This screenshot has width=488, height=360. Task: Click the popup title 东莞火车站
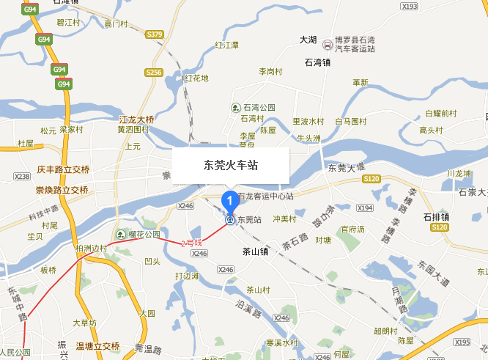(231, 166)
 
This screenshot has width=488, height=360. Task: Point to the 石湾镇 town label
(318, 62)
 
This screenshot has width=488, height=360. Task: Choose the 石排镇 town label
(436, 217)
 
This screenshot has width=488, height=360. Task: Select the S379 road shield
(155, 34)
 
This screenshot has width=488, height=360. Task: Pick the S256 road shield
(153, 73)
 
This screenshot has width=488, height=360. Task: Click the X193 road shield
(409, 6)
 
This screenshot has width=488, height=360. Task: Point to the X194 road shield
(364, 208)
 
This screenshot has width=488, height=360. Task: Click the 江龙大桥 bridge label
(137, 119)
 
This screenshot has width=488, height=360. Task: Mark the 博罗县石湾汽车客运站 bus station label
(355, 44)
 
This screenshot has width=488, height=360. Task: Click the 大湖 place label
(308, 39)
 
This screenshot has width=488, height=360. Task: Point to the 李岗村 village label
(270, 71)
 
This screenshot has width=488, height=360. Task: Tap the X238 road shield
(22, 177)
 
